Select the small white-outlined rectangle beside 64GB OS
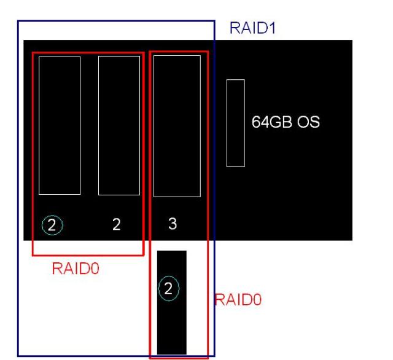[x=235, y=123]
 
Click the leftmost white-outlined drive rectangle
[x=60, y=125]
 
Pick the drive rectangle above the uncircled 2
[x=119, y=125]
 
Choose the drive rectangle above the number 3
[x=177, y=126]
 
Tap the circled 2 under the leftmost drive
[x=52, y=225]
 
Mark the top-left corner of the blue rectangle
[x=17, y=22]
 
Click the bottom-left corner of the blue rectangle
[x=17, y=356]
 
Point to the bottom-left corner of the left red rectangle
[x=33, y=254]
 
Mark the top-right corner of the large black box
[x=352, y=41]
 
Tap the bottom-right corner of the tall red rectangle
[x=208, y=358]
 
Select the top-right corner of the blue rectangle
[x=214, y=22]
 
